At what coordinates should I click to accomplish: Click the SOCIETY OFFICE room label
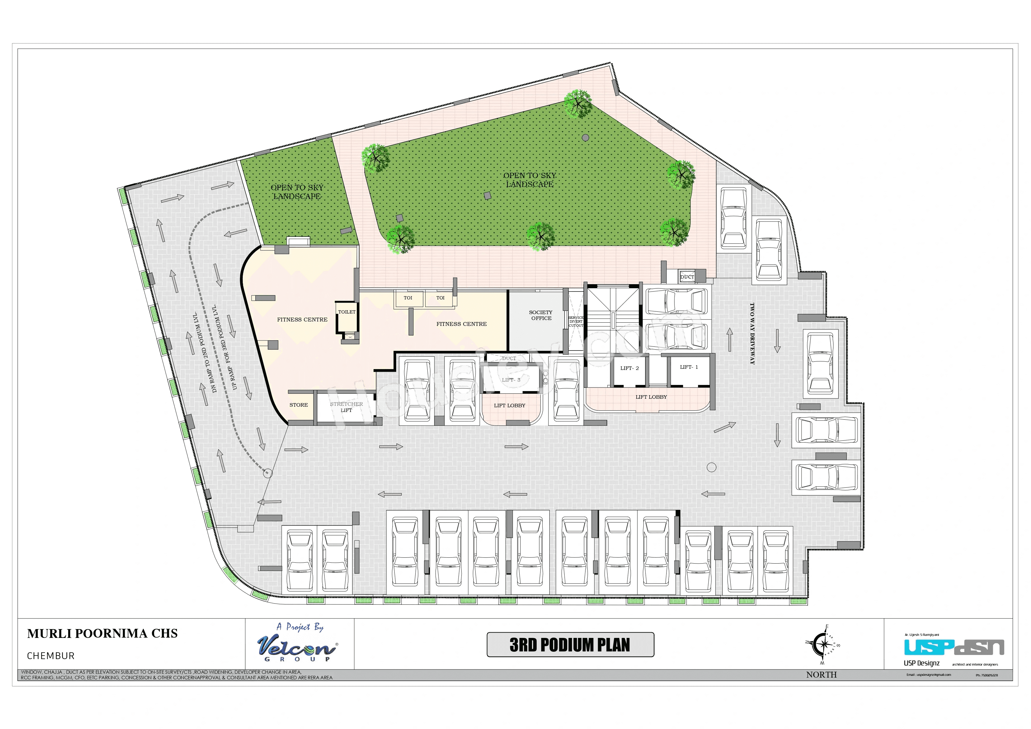[x=541, y=315]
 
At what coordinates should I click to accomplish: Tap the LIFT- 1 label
[x=689, y=367]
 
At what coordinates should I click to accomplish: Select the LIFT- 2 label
[x=629, y=368]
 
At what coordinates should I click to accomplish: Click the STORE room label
[x=299, y=405]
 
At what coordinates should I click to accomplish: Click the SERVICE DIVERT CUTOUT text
[x=576, y=321]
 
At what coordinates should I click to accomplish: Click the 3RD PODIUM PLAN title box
[x=570, y=645]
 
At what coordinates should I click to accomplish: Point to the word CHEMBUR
[x=51, y=656]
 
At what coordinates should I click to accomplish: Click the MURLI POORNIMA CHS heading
[x=102, y=634]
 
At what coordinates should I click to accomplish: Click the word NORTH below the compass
[x=821, y=675]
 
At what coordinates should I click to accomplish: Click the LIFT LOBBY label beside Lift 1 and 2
[x=651, y=397]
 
